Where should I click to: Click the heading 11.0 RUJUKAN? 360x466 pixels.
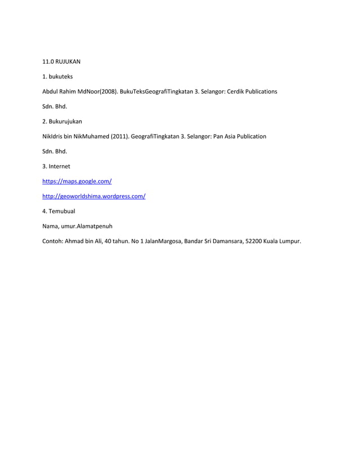pos(62,61)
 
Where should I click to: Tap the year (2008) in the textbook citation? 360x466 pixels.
pos(109,91)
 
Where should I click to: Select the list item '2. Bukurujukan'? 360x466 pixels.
pos(62,121)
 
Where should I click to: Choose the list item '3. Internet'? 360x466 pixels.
pos(56,166)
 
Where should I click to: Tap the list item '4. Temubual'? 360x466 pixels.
pos(59,211)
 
